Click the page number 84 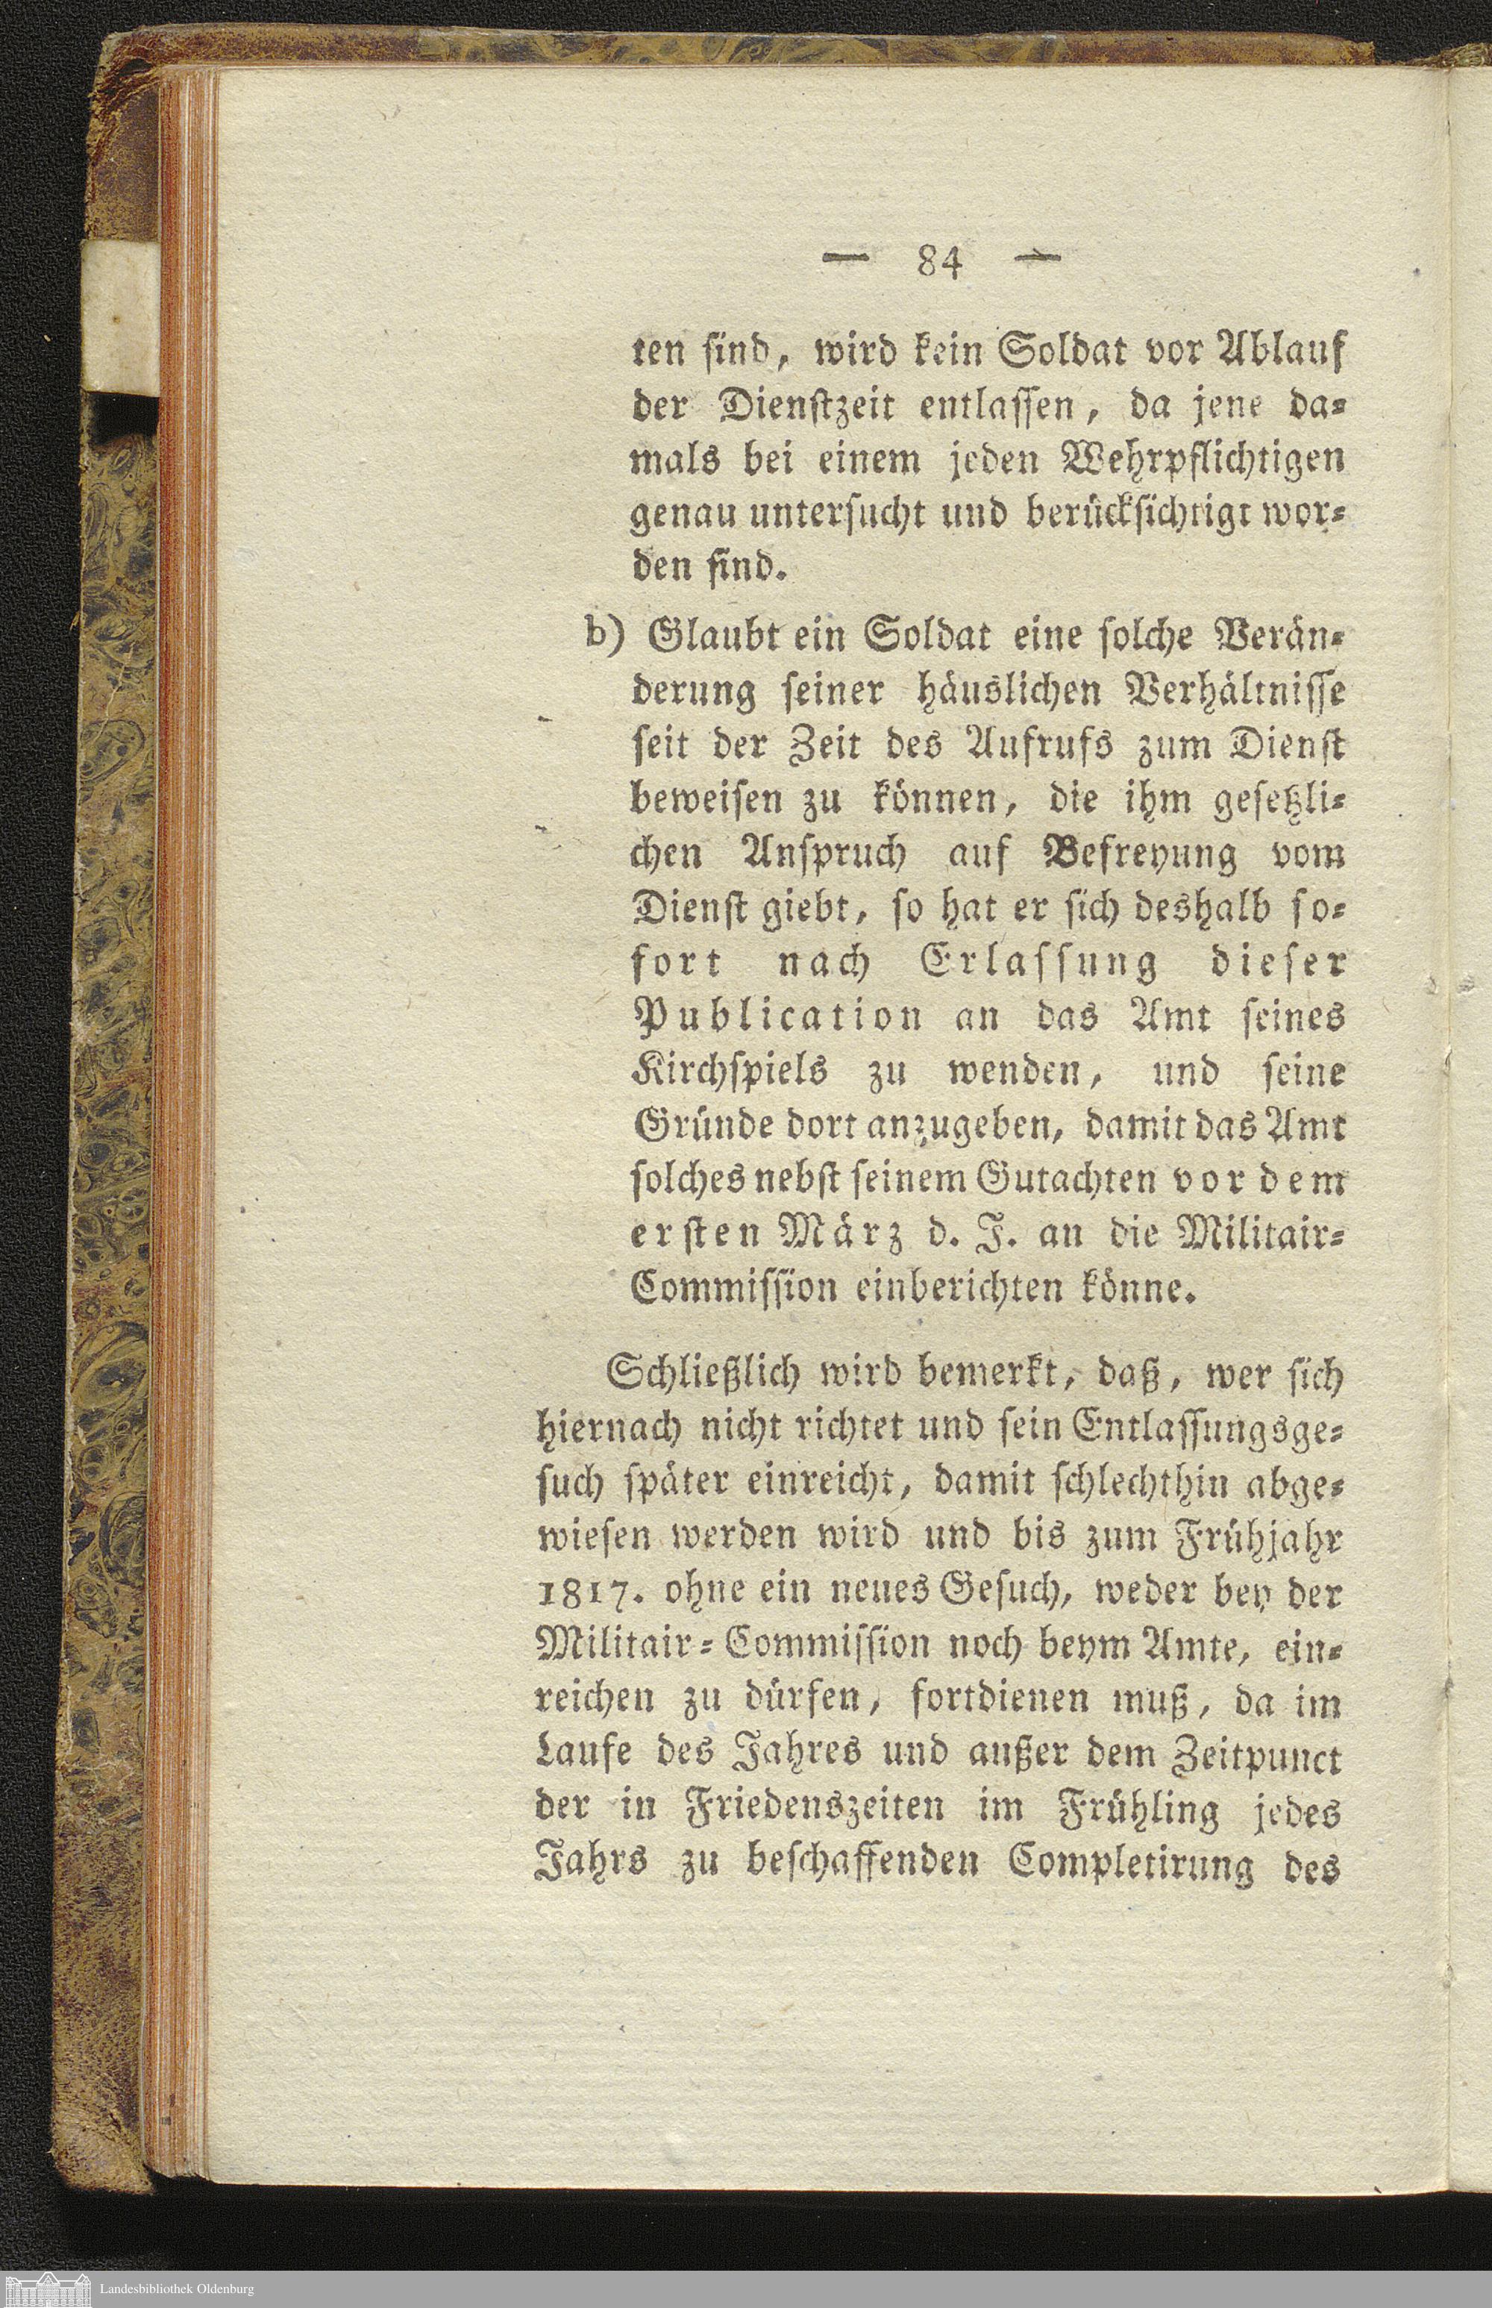(938, 263)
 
